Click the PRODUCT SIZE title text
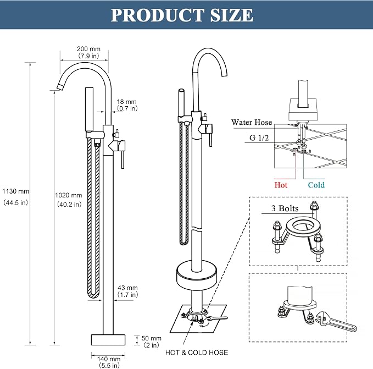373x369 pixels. (x=182, y=15)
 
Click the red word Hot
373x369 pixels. (x=281, y=185)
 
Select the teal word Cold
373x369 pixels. (x=316, y=185)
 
